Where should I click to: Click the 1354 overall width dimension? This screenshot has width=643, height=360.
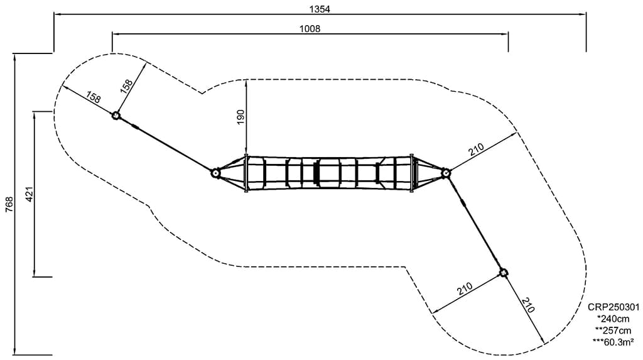coord(320,9)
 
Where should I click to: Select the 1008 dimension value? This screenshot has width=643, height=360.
coord(310,29)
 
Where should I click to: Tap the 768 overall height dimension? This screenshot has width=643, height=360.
coord(9,204)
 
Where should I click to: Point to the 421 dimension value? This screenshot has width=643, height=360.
coord(30,194)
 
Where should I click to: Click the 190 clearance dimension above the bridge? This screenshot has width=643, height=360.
coord(240,117)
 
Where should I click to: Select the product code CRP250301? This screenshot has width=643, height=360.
coord(613,307)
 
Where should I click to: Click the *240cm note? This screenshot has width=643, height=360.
coord(613,319)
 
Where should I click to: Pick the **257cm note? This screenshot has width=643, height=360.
coord(613,330)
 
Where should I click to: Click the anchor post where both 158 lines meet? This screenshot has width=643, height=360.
coord(116,116)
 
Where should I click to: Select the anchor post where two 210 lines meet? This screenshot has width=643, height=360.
coord(503,273)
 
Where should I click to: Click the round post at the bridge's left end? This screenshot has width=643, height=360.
coord(215,173)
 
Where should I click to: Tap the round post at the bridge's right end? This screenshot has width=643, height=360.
coord(445,173)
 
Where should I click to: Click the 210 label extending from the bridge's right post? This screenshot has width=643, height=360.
coord(477,149)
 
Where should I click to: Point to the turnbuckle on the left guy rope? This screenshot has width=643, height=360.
coord(135,127)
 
